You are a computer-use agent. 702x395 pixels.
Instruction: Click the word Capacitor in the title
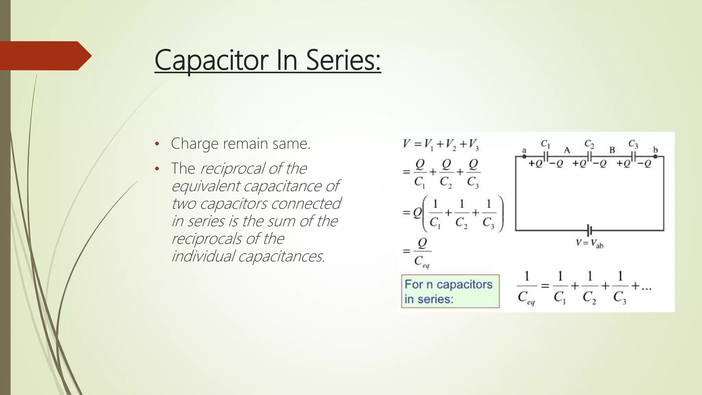211,60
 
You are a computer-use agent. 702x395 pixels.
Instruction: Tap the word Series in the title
343,60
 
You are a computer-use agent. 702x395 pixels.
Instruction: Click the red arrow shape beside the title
45,56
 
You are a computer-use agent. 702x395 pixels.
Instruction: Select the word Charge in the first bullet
194,144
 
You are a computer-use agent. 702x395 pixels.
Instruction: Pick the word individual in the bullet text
203,256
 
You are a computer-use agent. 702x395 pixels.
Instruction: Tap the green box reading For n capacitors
450,291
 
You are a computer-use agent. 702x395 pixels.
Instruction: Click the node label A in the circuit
567,150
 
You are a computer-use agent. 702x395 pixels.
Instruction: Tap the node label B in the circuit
612,150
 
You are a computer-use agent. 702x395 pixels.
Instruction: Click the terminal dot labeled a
524,156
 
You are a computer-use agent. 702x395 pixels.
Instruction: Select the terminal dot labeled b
655,156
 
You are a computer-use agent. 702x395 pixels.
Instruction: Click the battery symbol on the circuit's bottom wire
590,230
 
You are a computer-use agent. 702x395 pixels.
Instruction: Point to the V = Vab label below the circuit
590,243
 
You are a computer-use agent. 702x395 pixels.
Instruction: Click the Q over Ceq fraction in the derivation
422,252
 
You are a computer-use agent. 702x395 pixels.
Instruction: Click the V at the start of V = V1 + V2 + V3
407,143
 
